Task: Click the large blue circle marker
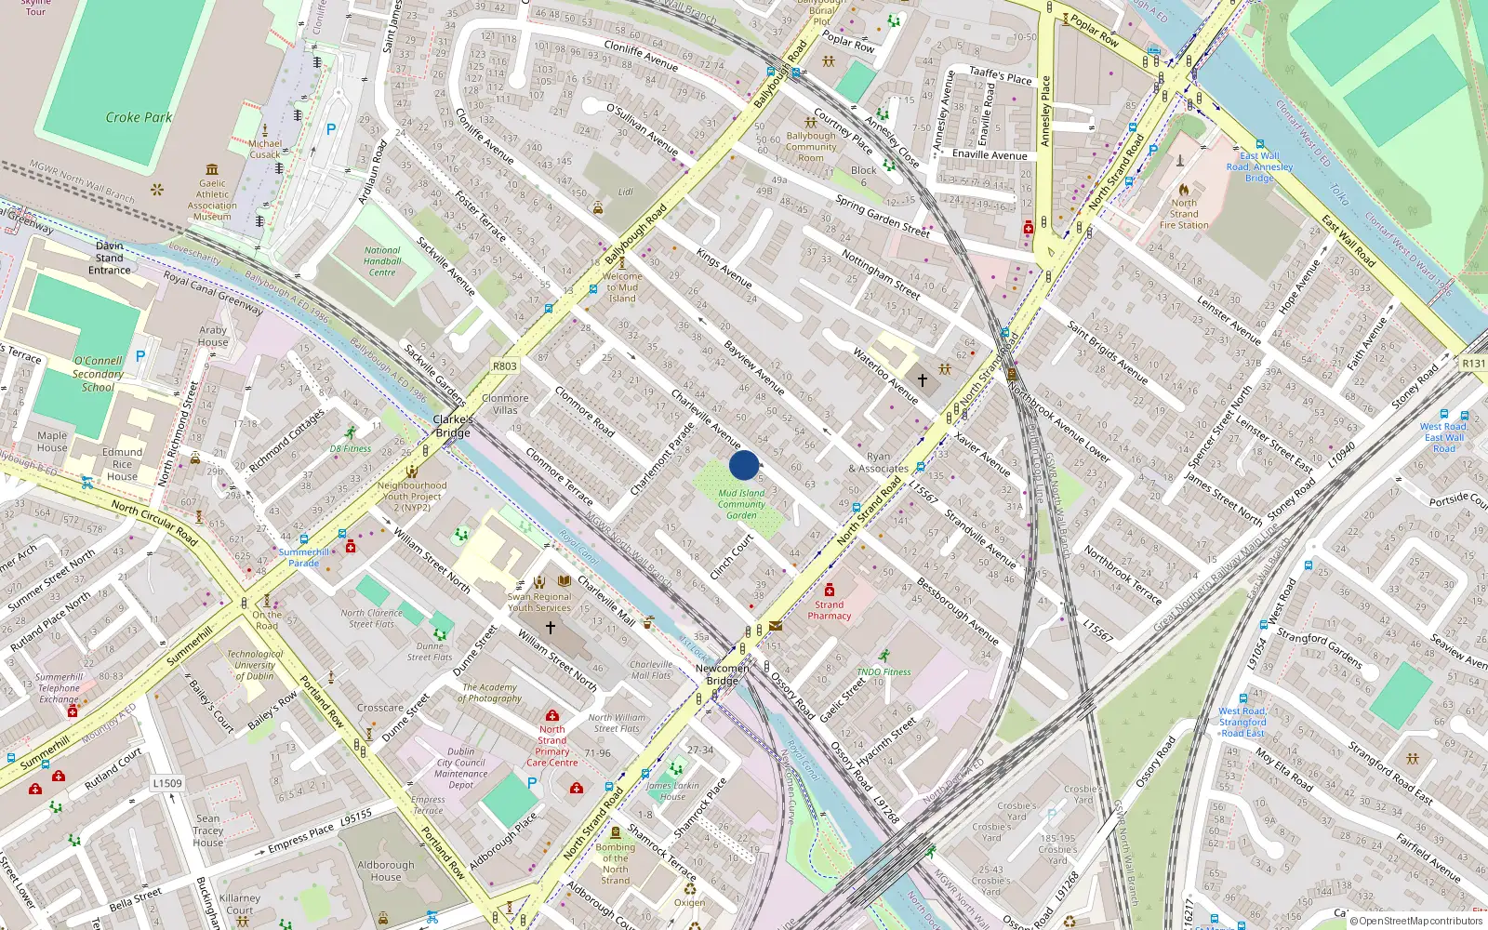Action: (744, 465)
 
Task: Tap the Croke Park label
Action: (139, 117)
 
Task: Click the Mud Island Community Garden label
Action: (741, 504)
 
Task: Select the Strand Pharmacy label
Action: (829, 610)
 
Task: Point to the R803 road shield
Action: (505, 365)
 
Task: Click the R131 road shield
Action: (1473, 363)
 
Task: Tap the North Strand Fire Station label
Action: (1184, 214)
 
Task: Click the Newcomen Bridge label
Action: (723, 674)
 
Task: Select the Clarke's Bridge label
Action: (453, 426)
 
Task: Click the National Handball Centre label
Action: (382, 261)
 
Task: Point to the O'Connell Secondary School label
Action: (98, 374)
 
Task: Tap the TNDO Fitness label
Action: (883, 671)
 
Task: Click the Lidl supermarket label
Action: (625, 192)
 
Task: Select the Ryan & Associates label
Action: (878, 462)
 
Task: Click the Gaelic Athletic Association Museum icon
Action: (212, 169)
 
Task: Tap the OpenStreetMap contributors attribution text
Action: (1415, 921)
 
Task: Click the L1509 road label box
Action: (167, 783)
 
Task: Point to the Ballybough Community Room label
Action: (811, 147)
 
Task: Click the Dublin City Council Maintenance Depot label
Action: (460, 768)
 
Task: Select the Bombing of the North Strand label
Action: (615, 864)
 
